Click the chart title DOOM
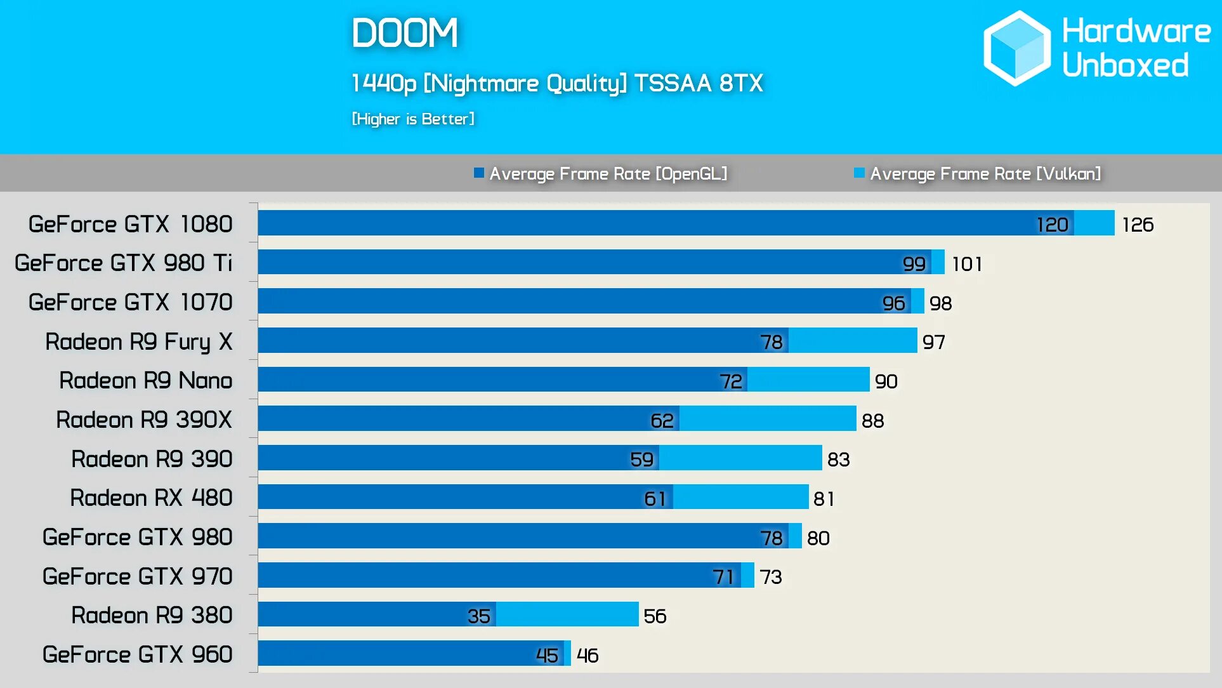[x=405, y=33]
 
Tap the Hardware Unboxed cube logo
[x=1016, y=48]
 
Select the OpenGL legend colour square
[x=479, y=173]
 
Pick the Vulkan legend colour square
[x=859, y=173]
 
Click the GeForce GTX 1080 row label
[x=130, y=224]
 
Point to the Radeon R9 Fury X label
[x=138, y=341]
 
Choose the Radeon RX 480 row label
[x=151, y=498]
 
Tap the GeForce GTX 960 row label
[x=137, y=654]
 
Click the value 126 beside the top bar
[x=1137, y=225]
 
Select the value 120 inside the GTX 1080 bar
[x=1052, y=225]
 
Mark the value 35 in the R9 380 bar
[x=478, y=616]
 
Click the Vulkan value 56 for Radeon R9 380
[x=655, y=616]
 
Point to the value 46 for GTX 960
[x=588, y=655]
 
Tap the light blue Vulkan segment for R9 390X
[x=768, y=419]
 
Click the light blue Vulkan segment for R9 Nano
[x=808, y=380]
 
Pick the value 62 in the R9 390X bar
[x=662, y=420]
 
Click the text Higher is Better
[x=413, y=119]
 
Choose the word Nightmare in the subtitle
[x=483, y=83]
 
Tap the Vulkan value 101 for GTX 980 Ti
[x=967, y=264]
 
